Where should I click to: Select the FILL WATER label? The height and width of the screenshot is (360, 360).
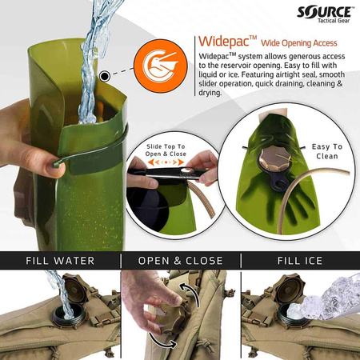60,260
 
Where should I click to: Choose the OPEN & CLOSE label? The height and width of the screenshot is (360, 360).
179,260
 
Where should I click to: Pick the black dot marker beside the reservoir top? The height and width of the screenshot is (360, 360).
105,78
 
